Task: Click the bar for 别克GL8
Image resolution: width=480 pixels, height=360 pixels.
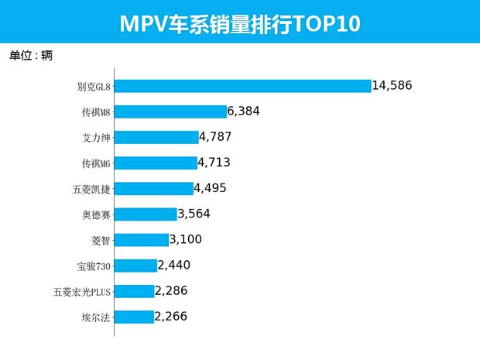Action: (242, 86)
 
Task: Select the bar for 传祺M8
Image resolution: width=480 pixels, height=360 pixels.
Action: (170, 111)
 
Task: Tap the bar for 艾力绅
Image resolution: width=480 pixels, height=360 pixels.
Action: (156, 137)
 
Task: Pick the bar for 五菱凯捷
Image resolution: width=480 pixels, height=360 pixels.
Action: (153, 188)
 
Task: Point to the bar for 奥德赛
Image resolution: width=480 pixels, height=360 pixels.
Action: (146, 214)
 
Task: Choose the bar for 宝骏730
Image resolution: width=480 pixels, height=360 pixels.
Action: (135, 266)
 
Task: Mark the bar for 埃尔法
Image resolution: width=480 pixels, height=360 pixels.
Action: (134, 317)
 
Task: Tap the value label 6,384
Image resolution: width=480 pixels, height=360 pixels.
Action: (243, 111)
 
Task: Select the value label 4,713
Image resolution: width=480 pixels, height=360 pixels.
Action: (214, 163)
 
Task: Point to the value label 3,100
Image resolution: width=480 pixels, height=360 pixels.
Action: (186, 239)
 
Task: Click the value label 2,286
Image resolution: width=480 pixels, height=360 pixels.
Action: (171, 291)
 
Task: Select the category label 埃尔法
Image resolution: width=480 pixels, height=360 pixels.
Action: (95, 317)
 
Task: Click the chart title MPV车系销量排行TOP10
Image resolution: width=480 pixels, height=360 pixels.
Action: (240, 22)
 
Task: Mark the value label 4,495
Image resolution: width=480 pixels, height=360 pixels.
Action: (211, 188)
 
